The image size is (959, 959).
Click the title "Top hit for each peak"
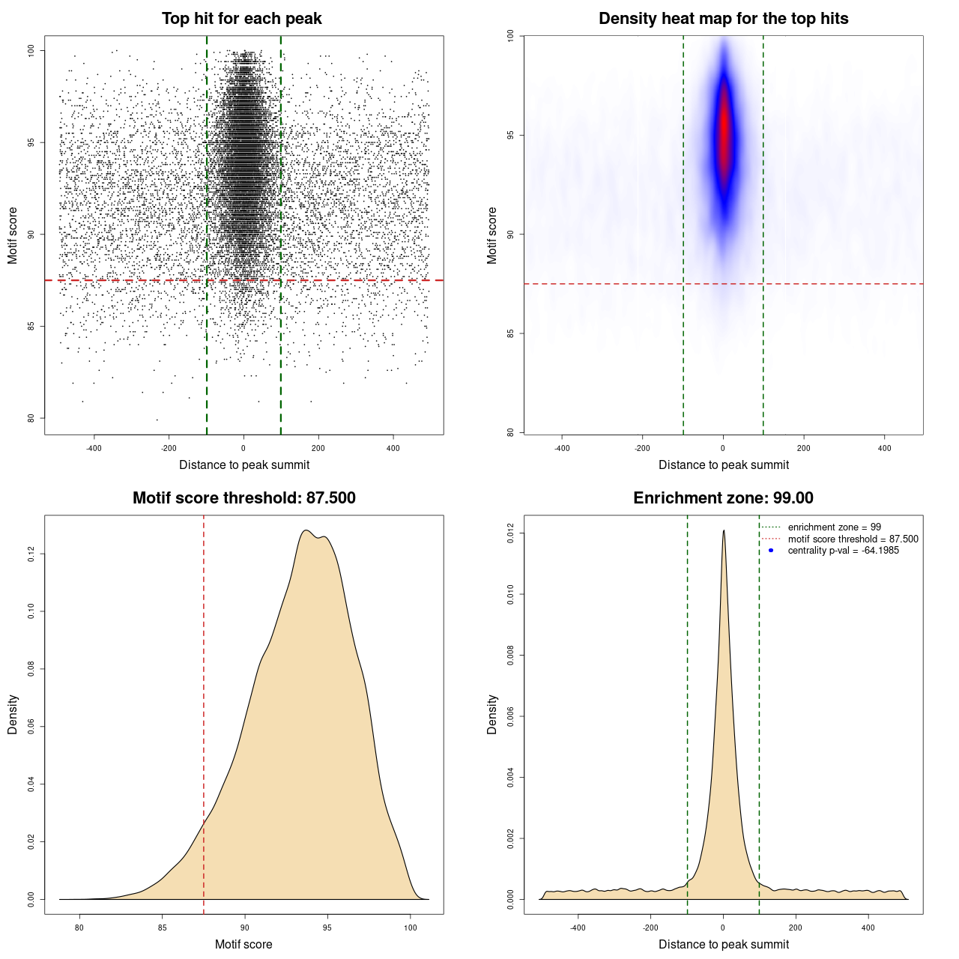point(241,19)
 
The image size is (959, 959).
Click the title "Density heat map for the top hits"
point(723,19)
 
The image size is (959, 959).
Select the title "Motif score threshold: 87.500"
point(243,498)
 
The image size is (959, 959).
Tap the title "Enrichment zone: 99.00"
point(723,498)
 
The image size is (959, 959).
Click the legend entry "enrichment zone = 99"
point(834,527)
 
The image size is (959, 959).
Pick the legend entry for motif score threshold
point(853,539)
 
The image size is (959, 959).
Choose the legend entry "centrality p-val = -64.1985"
point(843,551)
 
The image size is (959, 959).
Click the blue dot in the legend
point(771,551)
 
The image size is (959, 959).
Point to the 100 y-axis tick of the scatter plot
point(31,50)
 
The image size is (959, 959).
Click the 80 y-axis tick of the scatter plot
point(31,418)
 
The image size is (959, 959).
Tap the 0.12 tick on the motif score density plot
point(31,554)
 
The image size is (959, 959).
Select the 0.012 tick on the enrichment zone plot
point(511,533)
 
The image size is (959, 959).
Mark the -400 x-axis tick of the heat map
point(561,449)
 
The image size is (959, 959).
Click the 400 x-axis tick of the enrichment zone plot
point(868,928)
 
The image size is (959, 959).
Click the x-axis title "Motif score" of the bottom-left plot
point(243,944)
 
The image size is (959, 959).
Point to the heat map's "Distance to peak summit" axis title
point(723,465)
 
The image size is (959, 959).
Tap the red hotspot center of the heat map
point(724,135)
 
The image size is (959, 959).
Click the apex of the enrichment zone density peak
point(724,530)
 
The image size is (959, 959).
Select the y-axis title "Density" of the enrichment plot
point(492,714)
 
